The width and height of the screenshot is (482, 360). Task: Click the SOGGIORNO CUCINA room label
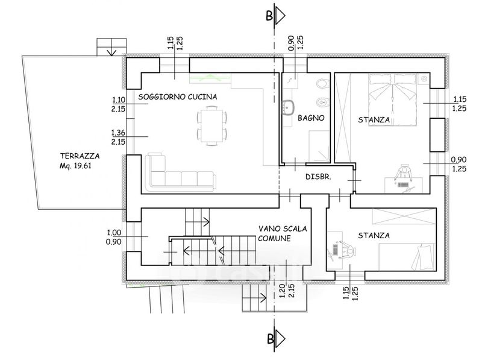(178, 97)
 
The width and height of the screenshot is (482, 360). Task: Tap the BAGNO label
(311, 118)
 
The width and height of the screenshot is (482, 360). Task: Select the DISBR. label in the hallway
(318, 177)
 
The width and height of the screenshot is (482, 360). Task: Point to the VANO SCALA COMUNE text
(283, 233)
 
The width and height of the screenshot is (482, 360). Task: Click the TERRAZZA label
(80, 156)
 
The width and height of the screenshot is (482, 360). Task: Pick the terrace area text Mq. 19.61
(76, 166)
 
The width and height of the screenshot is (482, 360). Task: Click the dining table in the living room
(211, 125)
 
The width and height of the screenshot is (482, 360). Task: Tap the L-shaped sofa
(180, 172)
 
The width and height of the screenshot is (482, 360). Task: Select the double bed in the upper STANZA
(393, 99)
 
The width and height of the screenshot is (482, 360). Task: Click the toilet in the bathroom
(322, 83)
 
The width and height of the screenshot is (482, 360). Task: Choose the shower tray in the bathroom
(319, 147)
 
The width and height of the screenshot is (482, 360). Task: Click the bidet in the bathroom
(323, 101)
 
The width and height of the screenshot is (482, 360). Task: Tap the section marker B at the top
(275, 16)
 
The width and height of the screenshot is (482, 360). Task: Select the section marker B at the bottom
(275, 339)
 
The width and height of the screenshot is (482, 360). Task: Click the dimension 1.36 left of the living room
(118, 133)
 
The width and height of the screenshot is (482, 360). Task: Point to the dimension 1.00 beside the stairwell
(114, 233)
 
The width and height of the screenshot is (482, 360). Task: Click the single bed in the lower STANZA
(406, 257)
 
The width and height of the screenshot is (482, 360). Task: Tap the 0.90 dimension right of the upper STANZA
(459, 160)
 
